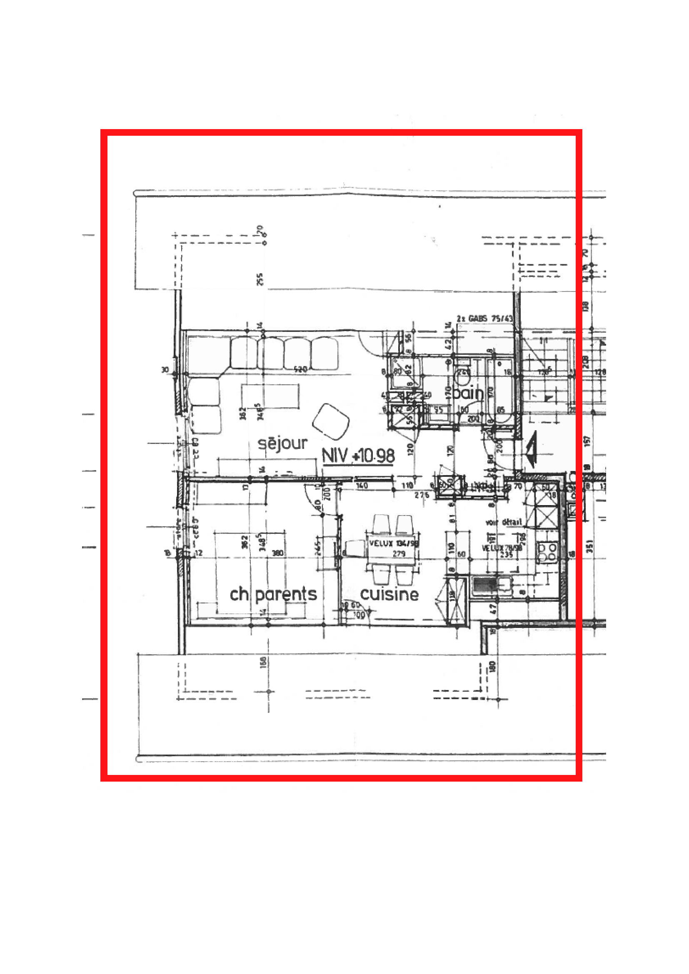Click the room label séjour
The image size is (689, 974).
282,443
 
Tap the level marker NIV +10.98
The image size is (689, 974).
359,456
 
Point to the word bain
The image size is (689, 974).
468,393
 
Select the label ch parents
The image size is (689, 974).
273,594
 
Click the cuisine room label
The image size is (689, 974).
389,594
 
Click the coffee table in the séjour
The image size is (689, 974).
270,396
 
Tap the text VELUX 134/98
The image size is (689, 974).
394,543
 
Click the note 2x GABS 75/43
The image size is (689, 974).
484,319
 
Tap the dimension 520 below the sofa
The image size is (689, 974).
300,369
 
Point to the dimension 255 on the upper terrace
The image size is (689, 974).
260,279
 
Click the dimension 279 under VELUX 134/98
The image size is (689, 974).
399,553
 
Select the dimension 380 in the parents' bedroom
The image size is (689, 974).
277,553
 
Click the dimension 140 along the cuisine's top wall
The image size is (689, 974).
362,486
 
